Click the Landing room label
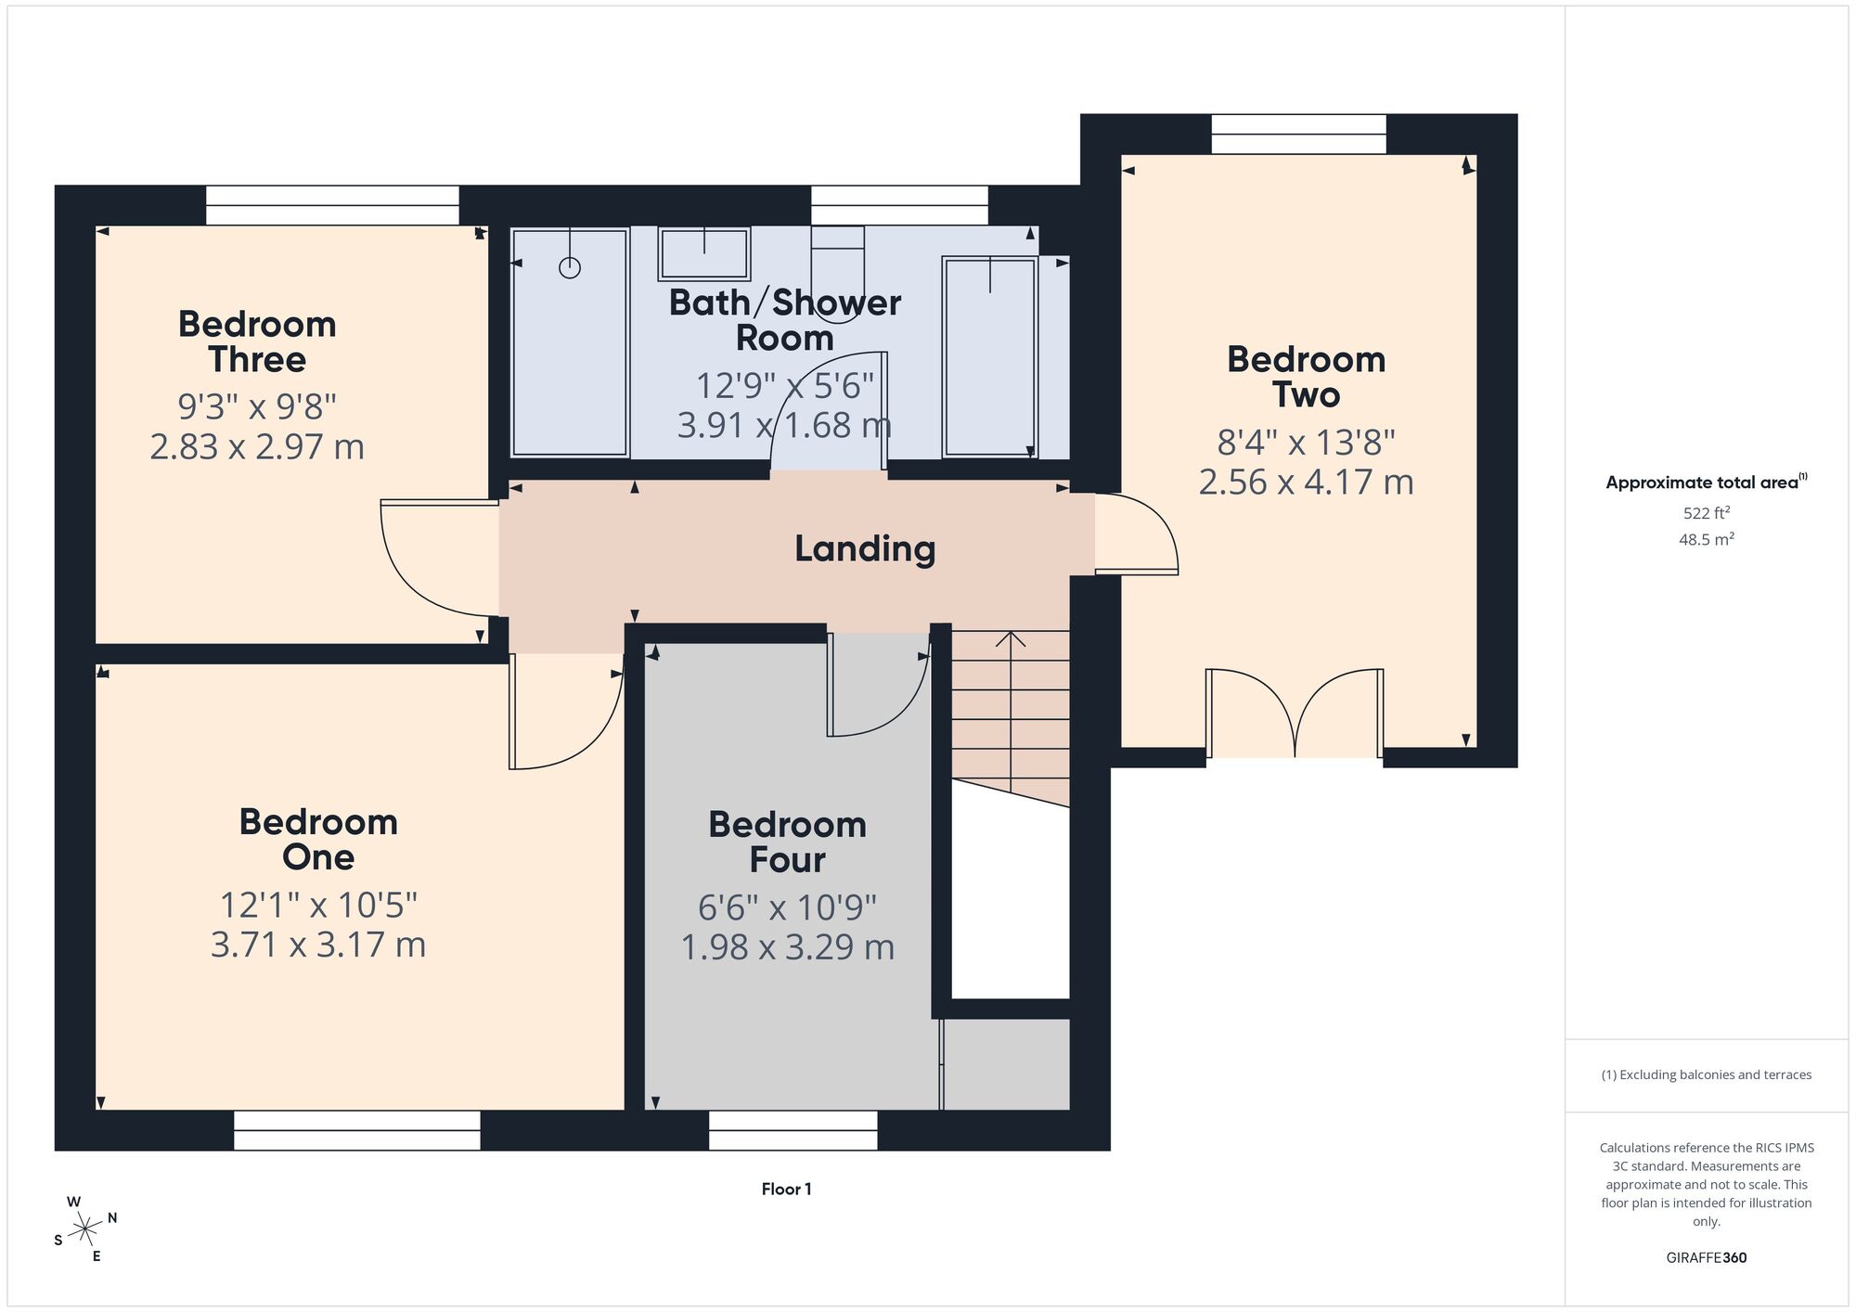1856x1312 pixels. [865, 548]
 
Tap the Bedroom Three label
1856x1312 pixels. [257, 341]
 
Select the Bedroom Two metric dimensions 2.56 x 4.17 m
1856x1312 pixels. [1306, 482]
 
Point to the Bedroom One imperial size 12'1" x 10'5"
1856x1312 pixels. [318, 905]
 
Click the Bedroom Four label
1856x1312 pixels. [788, 842]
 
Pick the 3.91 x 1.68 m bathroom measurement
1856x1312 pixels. [784, 425]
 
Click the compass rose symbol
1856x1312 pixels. [85, 1229]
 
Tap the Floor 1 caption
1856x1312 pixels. [787, 1189]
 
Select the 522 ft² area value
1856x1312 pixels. [1707, 512]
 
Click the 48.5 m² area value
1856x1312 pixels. [1707, 539]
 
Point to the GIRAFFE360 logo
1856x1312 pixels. [1707, 1258]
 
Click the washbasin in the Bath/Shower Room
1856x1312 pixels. [704, 253]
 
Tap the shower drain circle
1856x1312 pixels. [570, 268]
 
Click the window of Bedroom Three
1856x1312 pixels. [332, 205]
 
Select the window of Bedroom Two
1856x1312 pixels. [1298, 134]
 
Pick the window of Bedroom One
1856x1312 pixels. [357, 1130]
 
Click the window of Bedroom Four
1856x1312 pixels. [793, 1130]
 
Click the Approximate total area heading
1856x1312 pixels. [1707, 482]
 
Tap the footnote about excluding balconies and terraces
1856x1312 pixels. [1707, 1074]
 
